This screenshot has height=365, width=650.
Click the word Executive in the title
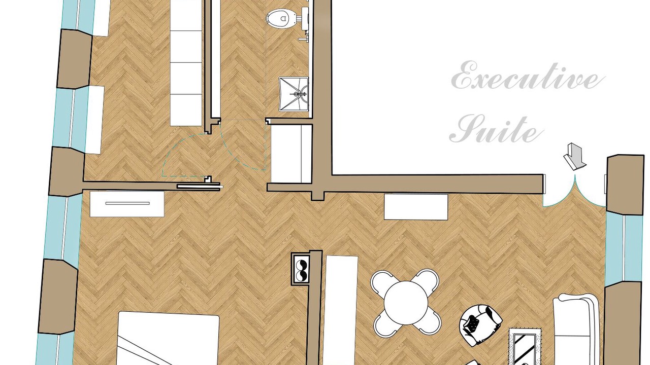pyautogui.click(x=528, y=76)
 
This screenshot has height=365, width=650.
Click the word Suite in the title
pyautogui.click(x=497, y=129)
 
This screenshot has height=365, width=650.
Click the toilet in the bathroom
pyautogui.click(x=281, y=19)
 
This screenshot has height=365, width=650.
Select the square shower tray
pyautogui.click(x=294, y=94)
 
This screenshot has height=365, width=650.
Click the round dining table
pyautogui.click(x=406, y=303)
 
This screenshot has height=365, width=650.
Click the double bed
pyautogui.click(x=168, y=338)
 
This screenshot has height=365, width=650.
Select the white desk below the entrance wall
pyautogui.click(x=416, y=207)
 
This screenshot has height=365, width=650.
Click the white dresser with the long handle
pyautogui.click(x=127, y=204)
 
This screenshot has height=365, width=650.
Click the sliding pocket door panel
pyautogui.click(x=200, y=187)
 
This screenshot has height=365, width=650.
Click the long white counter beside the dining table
pyautogui.click(x=341, y=310)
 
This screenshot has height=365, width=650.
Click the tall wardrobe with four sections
pyautogui.click(x=186, y=63)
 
